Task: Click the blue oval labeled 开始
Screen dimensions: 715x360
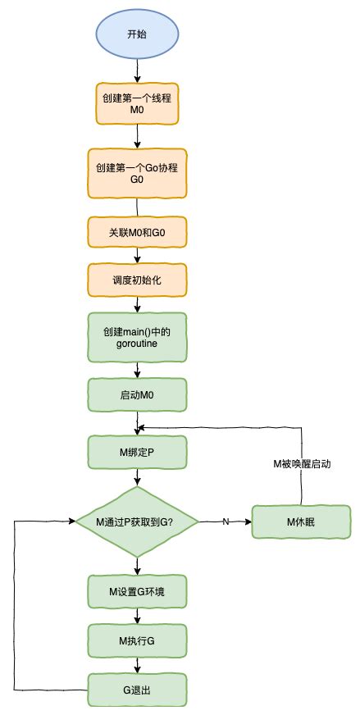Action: click(138, 34)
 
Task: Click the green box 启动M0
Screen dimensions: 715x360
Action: click(138, 394)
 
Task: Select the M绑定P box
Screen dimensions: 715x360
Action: click(138, 450)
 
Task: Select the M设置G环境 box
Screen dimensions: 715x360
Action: click(138, 590)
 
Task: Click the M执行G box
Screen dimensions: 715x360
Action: click(138, 640)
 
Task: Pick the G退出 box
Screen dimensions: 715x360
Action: click(138, 690)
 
